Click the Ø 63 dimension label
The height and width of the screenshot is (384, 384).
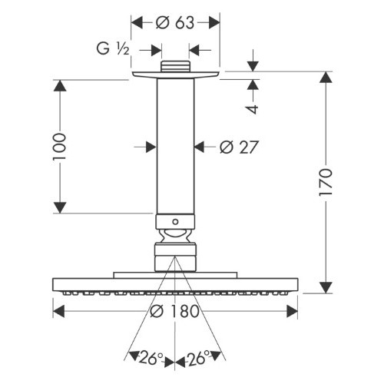175,23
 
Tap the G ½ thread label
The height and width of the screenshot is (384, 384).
113,48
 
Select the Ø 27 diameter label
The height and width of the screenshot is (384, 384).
238,147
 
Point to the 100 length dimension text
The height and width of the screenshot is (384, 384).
59,147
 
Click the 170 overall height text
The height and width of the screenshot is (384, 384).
326,182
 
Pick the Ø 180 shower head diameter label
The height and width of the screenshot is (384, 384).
174,311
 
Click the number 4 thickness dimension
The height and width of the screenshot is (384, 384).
253,109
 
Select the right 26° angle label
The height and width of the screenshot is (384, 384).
197,358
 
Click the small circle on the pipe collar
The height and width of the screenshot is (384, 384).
175,222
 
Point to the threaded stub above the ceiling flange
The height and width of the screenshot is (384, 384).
175,66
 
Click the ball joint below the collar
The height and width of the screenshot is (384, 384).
175,236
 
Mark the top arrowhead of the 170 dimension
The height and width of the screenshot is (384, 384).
326,78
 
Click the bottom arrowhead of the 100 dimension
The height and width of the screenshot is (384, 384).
60,207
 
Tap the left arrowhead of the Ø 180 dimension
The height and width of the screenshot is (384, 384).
58,311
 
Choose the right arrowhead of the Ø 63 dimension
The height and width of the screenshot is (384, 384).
214,22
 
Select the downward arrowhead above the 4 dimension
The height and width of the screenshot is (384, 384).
253,66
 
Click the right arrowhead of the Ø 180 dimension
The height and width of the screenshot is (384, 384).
292,311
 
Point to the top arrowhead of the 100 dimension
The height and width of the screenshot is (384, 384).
60,86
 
